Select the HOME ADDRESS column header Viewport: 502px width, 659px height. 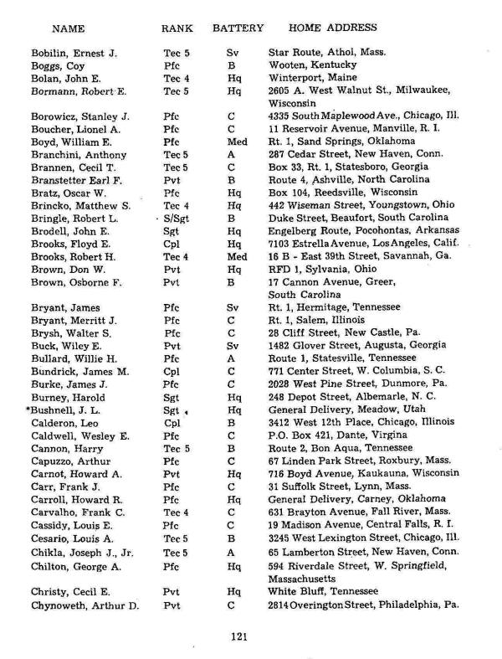pyautogui.click(x=329, y=28)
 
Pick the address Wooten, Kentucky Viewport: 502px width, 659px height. pyautogui.click(x=312, y=64)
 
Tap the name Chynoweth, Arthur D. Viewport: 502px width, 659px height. pyautogui.click(x=85, y=603)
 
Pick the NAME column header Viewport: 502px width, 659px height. pyautogui.click(x=69, y=28)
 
